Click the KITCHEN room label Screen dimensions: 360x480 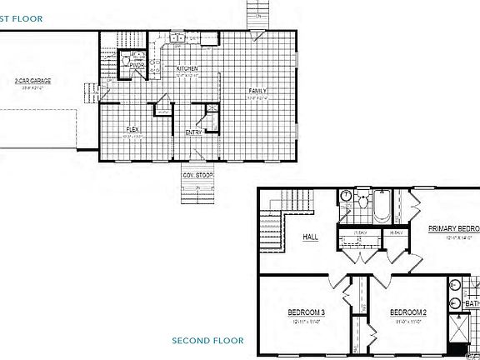click(x=188, y=68)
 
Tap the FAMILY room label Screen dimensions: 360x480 click(x=257, y=90)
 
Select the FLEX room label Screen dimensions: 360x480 click(x=132, y=128)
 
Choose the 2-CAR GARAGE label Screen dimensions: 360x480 click(x=32, y=80)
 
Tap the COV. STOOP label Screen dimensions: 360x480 click(x=198, y=175)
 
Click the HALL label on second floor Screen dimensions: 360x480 click(x=310, y=237)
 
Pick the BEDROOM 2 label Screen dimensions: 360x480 click(x=408, y=312)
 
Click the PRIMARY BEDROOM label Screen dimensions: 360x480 click(x=454, y=228)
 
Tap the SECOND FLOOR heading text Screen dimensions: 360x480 click(x=207, y=340)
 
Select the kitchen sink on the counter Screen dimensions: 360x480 click(x=177, y=38)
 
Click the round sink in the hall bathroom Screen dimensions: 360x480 click(x=346, y=197)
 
